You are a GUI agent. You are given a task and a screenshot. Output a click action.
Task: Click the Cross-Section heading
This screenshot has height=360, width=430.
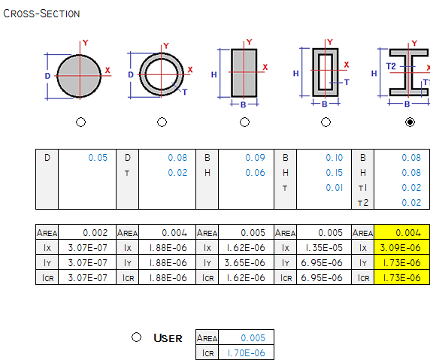[41, 14]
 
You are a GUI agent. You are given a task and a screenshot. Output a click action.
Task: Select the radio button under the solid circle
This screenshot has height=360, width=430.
[80, 122]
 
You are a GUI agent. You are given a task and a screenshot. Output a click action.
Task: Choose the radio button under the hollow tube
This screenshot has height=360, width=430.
[162, 122]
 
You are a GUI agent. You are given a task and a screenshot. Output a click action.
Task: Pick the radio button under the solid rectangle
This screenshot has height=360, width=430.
[244, 122]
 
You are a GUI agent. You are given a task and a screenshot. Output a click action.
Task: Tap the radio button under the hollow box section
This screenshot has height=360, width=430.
[326, 122]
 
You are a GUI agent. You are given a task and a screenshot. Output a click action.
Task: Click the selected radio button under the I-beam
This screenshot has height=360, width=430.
[410, 122]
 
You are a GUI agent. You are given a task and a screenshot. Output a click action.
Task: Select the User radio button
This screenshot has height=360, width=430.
[136, 337]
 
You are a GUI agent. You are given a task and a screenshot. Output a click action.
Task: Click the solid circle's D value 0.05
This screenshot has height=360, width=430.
[98, 158]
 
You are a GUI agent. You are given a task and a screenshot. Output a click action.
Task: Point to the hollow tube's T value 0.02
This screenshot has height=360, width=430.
[177, 173]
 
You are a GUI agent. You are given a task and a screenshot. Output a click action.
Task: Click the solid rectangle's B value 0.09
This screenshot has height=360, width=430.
[256, 158]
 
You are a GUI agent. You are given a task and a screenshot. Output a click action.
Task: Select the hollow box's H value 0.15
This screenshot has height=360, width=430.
[335, 173]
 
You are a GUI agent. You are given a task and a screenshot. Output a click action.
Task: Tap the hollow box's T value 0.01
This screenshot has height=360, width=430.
[335, 188]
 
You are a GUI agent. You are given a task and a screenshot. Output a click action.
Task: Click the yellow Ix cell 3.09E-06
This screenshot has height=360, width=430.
[401, 248]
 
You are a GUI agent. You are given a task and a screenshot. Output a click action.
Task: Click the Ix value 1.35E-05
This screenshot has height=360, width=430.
[324, 248]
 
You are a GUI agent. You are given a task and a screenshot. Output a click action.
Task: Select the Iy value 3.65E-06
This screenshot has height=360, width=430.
[244, 263]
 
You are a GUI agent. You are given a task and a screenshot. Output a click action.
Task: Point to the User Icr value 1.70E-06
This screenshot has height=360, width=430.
[247, 353]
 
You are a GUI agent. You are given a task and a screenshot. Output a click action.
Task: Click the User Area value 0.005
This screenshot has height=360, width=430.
[253, 338]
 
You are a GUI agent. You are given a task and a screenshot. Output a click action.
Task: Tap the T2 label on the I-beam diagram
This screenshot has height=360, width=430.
[391, 66]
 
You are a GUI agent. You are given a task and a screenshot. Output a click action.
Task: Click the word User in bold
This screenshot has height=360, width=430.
[168, 338]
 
